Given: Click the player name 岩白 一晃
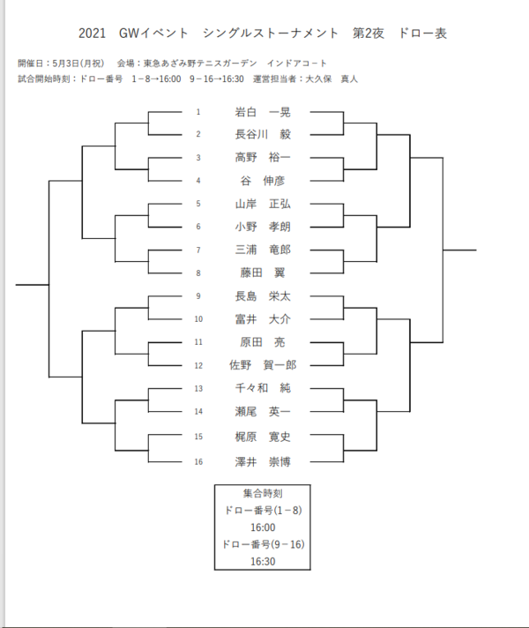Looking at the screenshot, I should click(263, 112).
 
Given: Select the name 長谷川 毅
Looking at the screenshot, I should click(263, 135).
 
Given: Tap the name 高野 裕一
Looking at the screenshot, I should click(263, 158).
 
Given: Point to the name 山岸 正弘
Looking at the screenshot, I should click(263, 204).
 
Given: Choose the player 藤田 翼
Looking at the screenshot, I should click(263, 273).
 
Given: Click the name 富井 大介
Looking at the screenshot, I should click(263, 318).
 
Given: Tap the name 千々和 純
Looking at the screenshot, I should click(263, 387).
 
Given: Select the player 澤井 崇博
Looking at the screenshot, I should click(263, 461).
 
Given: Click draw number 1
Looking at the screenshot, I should click(198, 112).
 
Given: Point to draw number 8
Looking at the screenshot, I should click(198, 273).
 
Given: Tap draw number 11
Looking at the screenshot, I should click(198, 341).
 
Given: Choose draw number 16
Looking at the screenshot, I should click(198, 461).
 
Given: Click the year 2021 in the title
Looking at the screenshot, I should click(93, 34).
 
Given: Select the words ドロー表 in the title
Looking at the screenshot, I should click(422, 34).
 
